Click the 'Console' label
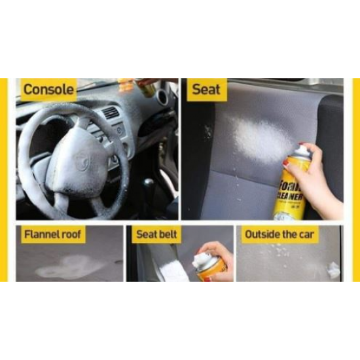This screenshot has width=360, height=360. tap(48, 90)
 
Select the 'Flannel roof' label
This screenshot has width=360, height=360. tap(53, 234)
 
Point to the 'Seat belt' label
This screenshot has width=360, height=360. tap(157, 234)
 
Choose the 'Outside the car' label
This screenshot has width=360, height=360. tap(279, 234)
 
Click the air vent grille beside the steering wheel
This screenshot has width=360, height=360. tap(111, 113)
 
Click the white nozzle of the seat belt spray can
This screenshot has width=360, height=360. tap(200, 260)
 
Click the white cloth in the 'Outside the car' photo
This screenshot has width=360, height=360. tap(333, 269)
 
